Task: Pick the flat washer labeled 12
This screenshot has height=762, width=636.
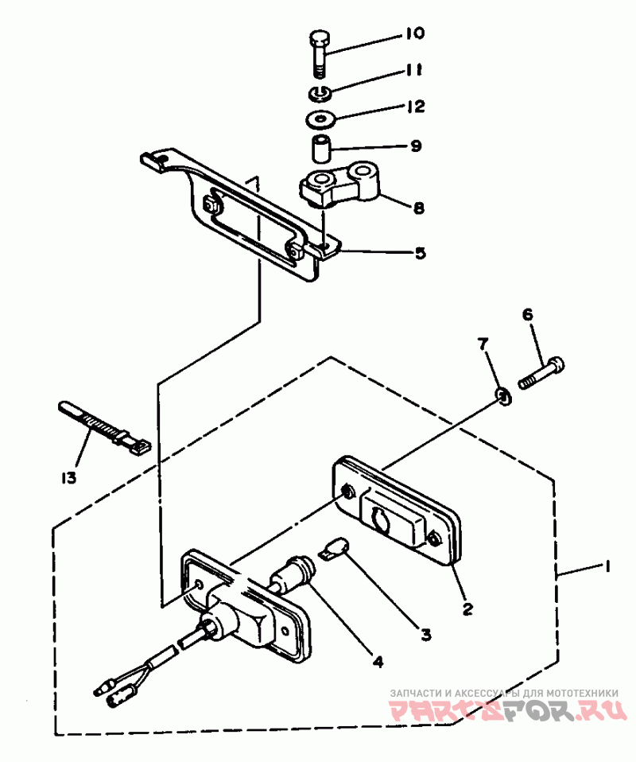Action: click(x=320, y=119)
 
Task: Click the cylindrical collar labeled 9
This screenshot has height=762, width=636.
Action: click(x=320, y=150)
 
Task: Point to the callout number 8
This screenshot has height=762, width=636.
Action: click(x=418, y=208)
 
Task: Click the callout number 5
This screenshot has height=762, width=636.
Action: click(x=420, y=253)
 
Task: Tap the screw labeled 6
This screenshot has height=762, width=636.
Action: click(x=541, y=374)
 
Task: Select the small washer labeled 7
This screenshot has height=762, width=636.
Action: click(x=504, y=398)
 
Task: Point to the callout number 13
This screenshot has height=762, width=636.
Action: click(x=69, y=478)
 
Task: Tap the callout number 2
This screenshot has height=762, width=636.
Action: click(x=467, y=609)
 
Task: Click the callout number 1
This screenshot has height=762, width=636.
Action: click(x=607, y=567)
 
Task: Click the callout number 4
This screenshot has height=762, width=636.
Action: click(x=378, y=661)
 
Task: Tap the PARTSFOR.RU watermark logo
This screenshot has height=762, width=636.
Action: click(x=508, y=710)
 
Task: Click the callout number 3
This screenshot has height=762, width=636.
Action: click(x=425, y=634)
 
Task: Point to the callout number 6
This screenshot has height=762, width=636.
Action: click(x=527, y=315)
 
